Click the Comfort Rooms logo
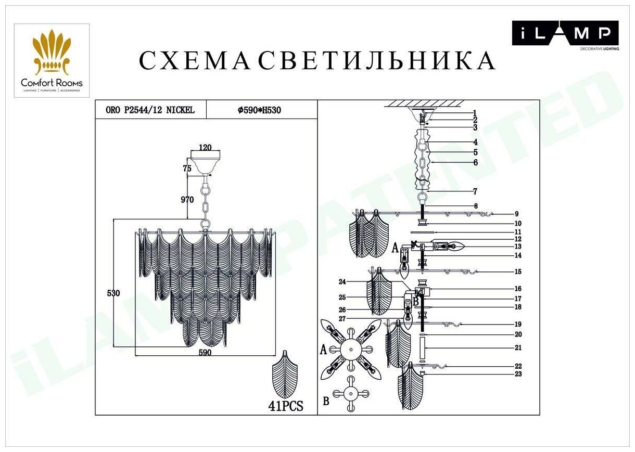[52, 60]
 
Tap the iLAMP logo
[565, 34]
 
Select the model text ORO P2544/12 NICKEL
[150, 110]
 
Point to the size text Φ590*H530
[259, 110]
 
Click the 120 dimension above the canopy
[206, 148]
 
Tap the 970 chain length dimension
[187, 200]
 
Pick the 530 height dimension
[113, 293]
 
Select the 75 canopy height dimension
[187, 168]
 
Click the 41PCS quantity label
[286, 406]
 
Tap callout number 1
[475, 112]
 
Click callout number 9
[516, 214]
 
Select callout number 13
[518, 247]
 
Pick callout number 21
[518, 348]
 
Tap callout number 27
[342, 318]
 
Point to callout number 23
[518, 374]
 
